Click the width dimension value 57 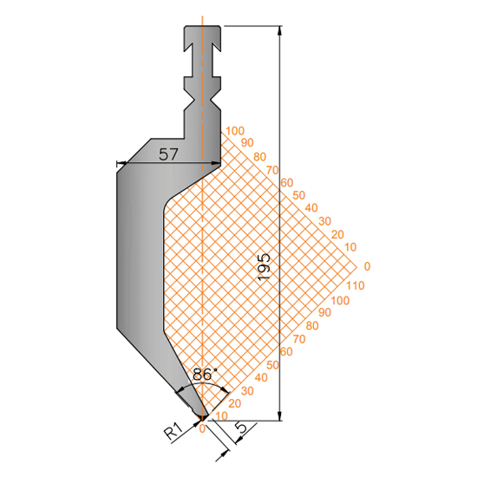point(168,154)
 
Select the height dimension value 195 point(264,266)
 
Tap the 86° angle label point(205,374)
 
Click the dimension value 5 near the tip point(243,428)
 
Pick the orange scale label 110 point(356,285)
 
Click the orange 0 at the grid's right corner point(367,266)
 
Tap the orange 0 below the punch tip point(202,428)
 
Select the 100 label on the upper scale point(235,131)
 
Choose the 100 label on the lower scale point(340,301)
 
